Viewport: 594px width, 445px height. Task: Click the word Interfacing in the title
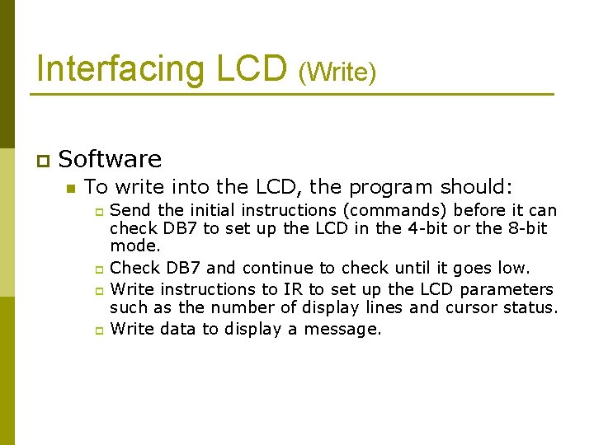tap(112, 68)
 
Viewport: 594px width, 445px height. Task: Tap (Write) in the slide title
tap(337, 73)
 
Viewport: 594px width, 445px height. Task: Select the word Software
tap(111, 158)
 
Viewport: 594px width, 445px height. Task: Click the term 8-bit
tap(525, 228)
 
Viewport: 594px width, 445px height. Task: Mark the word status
tap(531, 307)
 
